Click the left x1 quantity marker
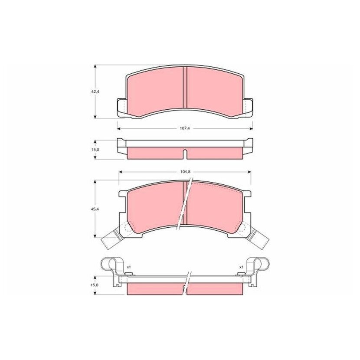pyautogui.click(x=128, y=267)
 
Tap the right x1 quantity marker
pyautogui.click(x=241, y=267)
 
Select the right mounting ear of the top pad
pyautogui.click(x=248, y=108)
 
